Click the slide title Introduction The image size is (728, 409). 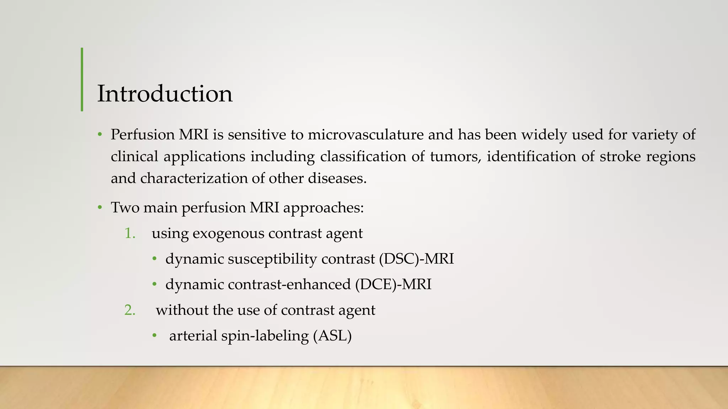tap(165, 94)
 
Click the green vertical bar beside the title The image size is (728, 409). tap(82, 80)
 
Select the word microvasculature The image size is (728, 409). tap(365, 135)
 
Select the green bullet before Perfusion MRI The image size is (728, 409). tap(100, 135)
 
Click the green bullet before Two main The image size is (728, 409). tap(100, 208)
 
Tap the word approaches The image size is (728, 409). tap(323, 208)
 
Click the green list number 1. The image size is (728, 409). tap(130, 234)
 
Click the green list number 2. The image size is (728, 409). tap(130, 310)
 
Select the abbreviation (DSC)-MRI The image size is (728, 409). tap(416, 259)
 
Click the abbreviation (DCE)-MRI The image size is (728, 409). tap(393, 285)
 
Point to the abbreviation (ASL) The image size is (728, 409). tap(332, 336)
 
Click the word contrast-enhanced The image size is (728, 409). tap(289, 285)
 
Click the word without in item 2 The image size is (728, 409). tap(182, 310)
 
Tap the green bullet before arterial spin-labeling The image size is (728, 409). tap(154, 336)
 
